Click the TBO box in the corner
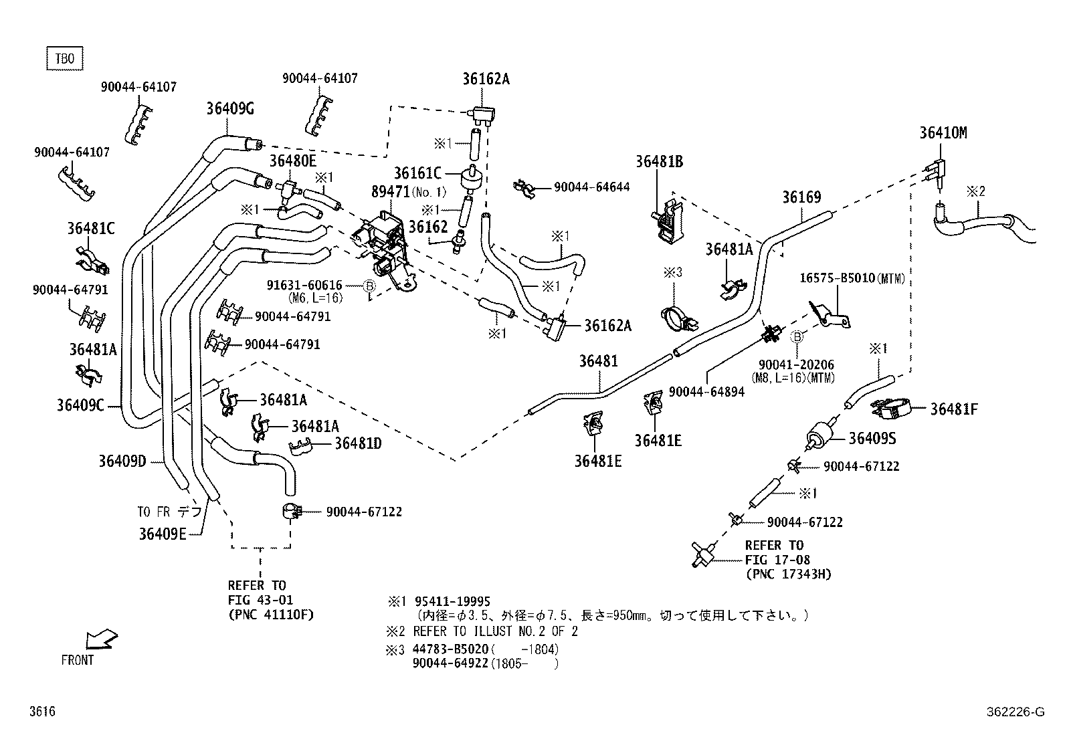[65, 59]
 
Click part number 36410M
[943, 132]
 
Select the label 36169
[801, 197]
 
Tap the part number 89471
[390, 192]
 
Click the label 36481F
[955, 409]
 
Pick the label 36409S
[872, 438]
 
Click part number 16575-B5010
[837, 278]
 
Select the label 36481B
[659, 161]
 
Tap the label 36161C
[417, 174]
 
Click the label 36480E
[292, 161]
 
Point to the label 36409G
[229, 109]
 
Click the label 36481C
[91, 228]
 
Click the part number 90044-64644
[591, 187]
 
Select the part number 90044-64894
[706, 392]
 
